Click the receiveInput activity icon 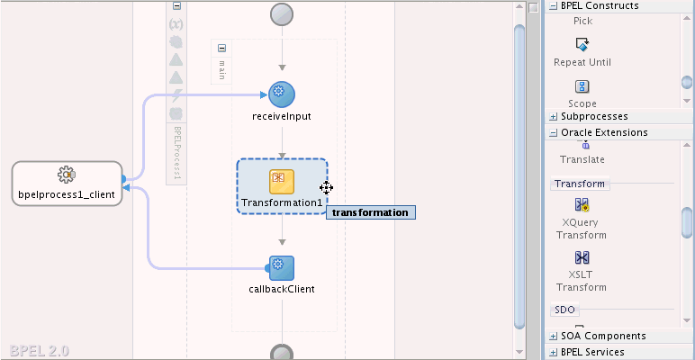[x=282, y=94]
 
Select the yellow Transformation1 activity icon [x=282, y=182]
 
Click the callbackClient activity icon [x=281, y=268]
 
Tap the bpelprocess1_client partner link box [x=67, y=184]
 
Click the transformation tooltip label [x=371, y=212]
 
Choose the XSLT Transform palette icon [x=582, y=257]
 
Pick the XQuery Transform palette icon [x=582, y=205]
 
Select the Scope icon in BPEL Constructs [x=582, y=86]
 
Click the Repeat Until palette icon [x=582, y=44]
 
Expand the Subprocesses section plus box [x=553, y=117]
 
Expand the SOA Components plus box [x=553, y=336]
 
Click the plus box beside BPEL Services [x=553, y=353]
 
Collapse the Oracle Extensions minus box [x=553, y=132]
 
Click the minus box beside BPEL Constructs [x=553, y=5]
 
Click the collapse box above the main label [x=222, y=49]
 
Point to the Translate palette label [x=582, y=159]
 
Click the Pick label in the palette [x=582, y=22]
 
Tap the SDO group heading [x=564, y=310]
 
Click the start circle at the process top [x=282, y=14]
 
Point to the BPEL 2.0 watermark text [x=39, y=351]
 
